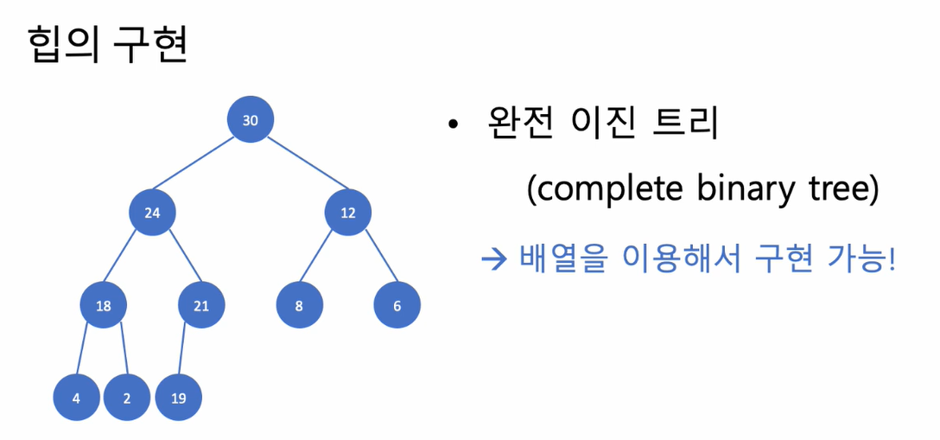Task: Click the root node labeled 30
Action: (251, 120)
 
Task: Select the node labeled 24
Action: (152, 213)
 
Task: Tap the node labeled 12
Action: (348, 213)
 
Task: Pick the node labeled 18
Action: (103, 305)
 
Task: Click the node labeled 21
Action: (201, 305)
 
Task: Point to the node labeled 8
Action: (299, 305)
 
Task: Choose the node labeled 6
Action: (397, 305)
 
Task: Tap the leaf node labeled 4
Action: (76, 399)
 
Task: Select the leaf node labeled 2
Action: (127, 399)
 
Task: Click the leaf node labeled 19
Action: (178, 399)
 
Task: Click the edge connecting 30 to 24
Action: (201, 166)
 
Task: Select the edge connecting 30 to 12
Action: (299, 166)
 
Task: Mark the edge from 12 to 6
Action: (372, 258)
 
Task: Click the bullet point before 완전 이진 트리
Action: (452, 126)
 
